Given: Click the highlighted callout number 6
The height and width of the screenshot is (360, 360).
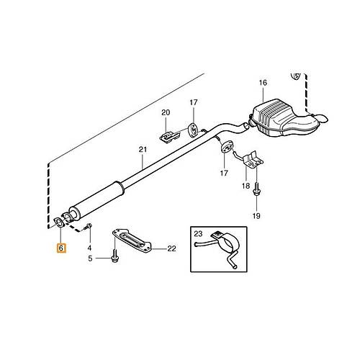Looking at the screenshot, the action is [x=60, y=248].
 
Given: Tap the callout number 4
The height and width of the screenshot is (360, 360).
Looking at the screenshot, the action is [x=89, y=248].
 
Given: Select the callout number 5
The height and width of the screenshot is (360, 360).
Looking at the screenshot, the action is [x=90, y=258].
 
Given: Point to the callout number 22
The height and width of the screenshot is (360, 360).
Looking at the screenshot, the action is [x=171, y=248].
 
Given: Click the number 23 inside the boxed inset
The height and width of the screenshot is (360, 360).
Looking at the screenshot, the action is [x=198, y=233].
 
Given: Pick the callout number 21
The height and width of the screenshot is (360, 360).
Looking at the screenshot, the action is [x=143, y=150].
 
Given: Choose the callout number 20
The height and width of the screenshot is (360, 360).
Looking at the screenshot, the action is [x=166, y=112].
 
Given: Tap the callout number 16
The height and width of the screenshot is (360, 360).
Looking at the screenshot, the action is [x=263, y=83].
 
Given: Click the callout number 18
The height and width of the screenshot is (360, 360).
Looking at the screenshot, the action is [x=246, y=186].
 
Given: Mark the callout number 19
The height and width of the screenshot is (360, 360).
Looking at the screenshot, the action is [x=256, y=216].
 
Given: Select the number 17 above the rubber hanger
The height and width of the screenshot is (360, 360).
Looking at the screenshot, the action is [x=194, y=102].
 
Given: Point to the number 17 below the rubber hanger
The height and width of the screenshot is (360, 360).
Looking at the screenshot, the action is [x=224, y=173].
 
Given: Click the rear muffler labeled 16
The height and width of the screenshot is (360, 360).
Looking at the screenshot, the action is [x=283, y=119].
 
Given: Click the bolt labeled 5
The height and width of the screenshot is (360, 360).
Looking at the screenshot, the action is [x=115, y=256].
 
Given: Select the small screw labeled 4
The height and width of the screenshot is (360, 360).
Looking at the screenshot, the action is [x=88, y=227].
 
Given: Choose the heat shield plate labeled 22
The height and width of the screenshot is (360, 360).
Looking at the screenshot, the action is [x=132, y=240].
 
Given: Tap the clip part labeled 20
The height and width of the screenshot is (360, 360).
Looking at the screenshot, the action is [x=169, y=137].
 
